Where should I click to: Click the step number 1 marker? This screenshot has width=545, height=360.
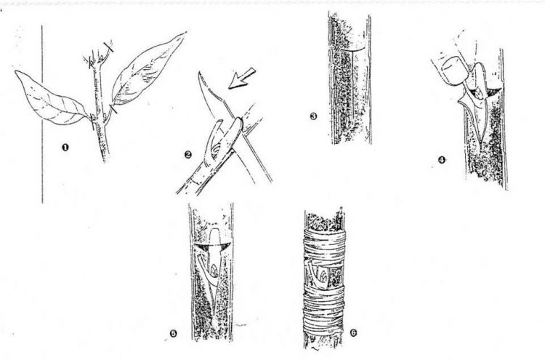coord(65,148)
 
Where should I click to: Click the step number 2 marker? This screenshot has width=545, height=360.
coord(187,155)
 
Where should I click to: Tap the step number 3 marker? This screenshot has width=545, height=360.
coord(313,116)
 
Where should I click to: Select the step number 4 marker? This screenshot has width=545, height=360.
coord(442,160)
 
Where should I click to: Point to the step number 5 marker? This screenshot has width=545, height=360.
coord(173,334)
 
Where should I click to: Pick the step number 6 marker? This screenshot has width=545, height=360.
coord(353,333)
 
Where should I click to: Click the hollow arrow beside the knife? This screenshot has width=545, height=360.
coord(242,79)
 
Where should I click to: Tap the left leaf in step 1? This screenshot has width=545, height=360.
coord(52,99)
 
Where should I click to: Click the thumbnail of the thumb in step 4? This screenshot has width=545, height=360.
coord(452,71)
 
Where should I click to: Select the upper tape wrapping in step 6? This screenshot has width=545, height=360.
coord(324,244)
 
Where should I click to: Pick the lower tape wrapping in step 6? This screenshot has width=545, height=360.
coord(324,310)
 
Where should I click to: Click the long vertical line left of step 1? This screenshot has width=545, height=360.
coord(42,114)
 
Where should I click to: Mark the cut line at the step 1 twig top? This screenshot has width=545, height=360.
coord(108,47)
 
